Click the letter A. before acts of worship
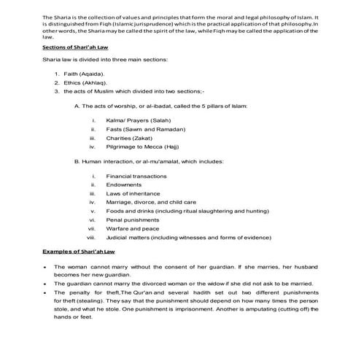[x=77, y=106]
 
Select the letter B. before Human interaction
[x=77, y=161]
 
